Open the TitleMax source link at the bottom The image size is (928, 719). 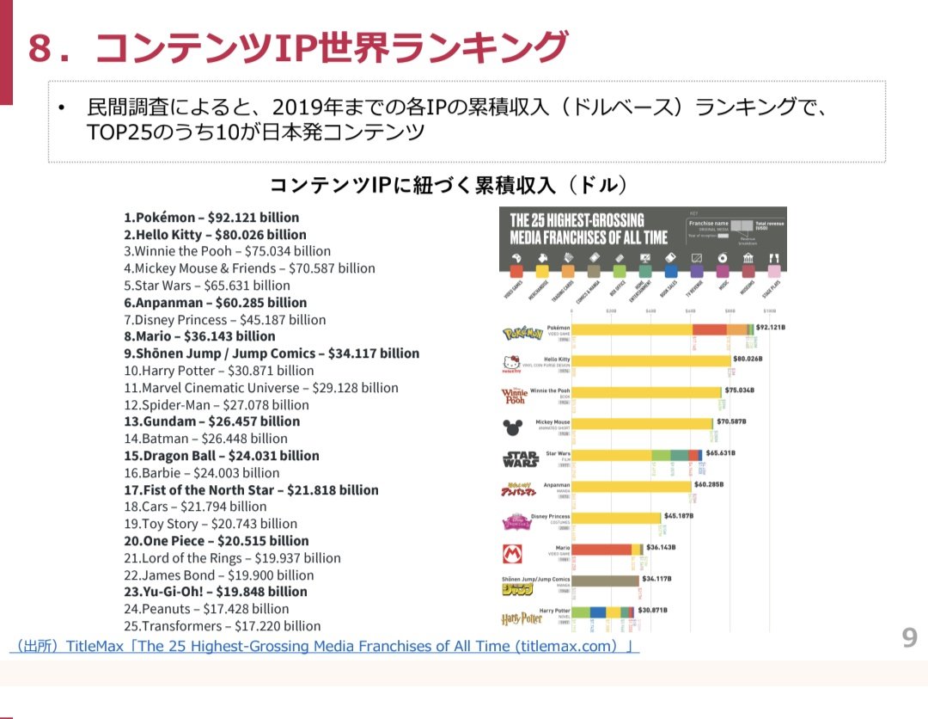324,646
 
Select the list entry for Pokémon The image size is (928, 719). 211,218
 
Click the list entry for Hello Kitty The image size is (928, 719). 215,235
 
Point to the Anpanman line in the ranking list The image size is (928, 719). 215,303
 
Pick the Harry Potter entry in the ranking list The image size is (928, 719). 219,371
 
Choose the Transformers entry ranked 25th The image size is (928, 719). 222,626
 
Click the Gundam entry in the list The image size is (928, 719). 211,421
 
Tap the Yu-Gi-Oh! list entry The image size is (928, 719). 215,592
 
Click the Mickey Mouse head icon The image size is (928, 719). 512,427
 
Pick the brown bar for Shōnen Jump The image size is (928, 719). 605,581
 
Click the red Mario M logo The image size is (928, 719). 512,554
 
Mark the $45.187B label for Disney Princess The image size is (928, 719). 679,516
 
